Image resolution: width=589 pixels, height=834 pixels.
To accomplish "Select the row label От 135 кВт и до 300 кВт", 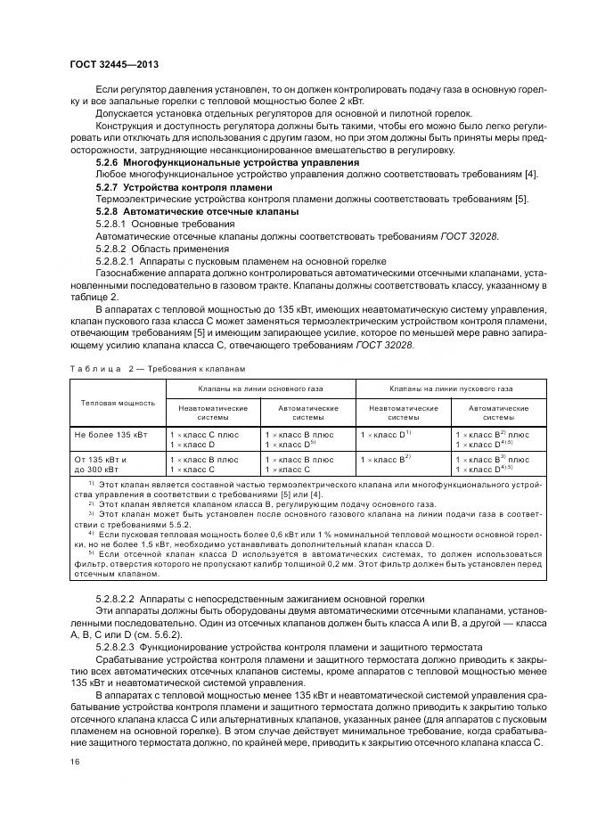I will pyautogui.click(x=100, y=463).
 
